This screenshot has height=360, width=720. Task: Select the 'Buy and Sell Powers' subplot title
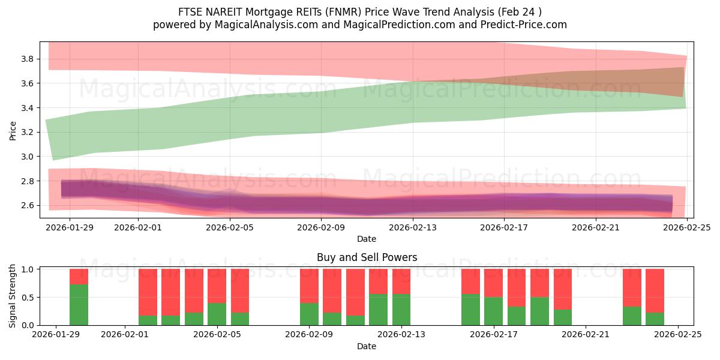coord(367,257)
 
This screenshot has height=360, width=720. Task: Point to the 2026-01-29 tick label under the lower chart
coord(56,334)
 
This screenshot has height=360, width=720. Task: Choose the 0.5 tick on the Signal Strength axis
coord(26,298)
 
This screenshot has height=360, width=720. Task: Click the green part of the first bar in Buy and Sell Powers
coord(79,305)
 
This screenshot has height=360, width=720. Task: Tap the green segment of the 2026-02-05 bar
coord(217,314)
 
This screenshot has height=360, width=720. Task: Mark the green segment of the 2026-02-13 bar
coord(401,310)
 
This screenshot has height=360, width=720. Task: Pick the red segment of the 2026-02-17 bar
coord(493,283)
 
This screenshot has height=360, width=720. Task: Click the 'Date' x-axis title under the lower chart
coord(367,346)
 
